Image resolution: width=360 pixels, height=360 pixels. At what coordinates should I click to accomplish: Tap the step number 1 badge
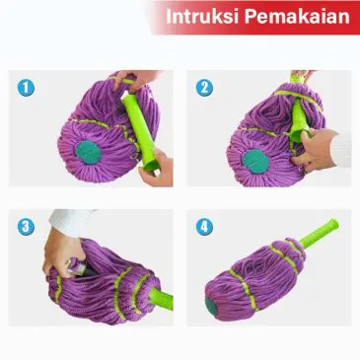pyautogui.click(x=27, y=88)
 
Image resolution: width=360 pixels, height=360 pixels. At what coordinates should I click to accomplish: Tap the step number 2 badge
pyautogui.click(x=204, y=88)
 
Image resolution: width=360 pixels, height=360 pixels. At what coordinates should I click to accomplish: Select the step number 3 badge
pyautogui.click(x=27, y=227)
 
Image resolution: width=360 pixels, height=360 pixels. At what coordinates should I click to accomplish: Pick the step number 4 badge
pyautogui.click(x=204, y=227)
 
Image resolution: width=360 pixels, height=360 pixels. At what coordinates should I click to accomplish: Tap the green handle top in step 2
pyautogui.click(x=296, y=79)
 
